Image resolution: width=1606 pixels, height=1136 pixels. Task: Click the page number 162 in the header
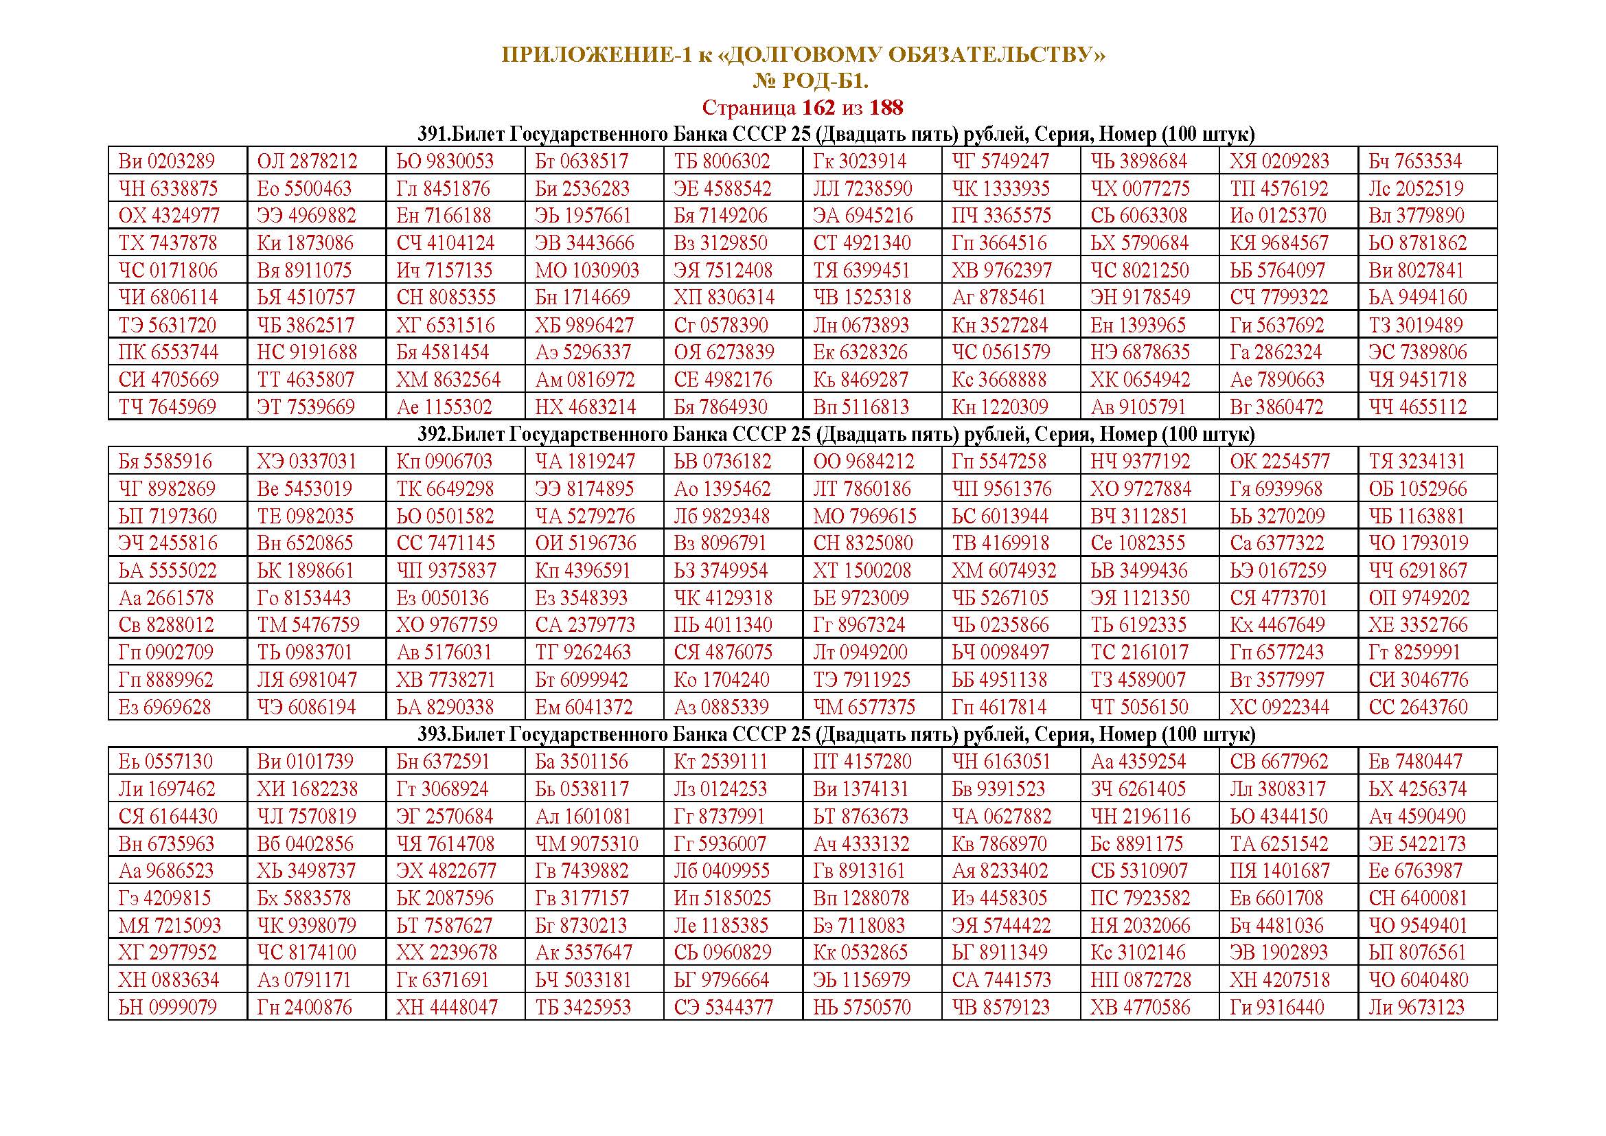tap(818, 108)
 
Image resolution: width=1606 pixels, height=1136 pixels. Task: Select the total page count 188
tap(886, 108)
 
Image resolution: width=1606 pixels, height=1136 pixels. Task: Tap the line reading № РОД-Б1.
tap(810, 82)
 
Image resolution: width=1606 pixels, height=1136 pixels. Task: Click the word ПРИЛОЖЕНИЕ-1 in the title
tap(596, 55)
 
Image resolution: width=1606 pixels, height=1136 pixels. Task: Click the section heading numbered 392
tap(836, 434)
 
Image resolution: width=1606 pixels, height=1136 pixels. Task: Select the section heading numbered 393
tap(836, 734)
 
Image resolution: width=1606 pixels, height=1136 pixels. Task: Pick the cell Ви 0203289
tap(166, 161)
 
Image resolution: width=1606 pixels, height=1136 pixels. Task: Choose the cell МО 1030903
tap(587, 271)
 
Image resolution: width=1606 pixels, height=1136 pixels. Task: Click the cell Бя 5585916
tap(165, 462)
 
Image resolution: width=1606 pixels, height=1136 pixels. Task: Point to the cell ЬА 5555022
tap(168, 571)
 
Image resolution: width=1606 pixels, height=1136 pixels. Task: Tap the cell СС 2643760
tap(1418, 707)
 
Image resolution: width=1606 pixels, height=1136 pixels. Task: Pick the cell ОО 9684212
tap(863, 462)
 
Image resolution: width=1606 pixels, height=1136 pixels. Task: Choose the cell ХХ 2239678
tap(446, 953)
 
